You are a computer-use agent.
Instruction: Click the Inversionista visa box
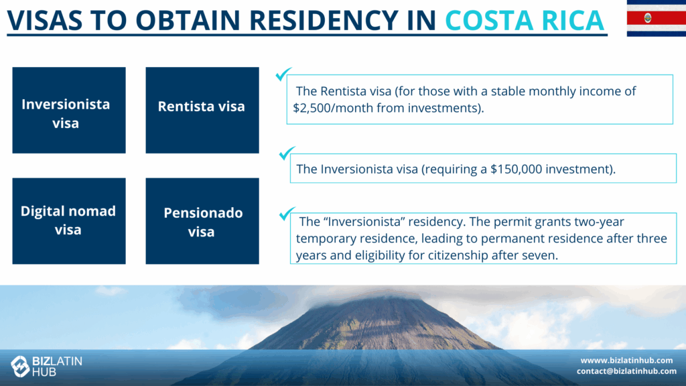[69, 111]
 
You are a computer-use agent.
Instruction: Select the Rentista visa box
[202, 111]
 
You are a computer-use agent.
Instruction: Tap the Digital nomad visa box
[69, 221]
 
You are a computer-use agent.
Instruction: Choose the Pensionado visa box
[202, 221]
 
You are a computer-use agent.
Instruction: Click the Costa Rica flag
[657, 18]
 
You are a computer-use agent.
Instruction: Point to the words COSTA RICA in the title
[525, 20]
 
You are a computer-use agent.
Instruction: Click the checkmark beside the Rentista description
[283, 74]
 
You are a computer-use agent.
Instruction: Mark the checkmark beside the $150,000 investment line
[287, 153]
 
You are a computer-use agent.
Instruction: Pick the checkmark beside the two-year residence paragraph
[287, 214]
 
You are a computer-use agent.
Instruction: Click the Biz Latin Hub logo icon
[20, 366]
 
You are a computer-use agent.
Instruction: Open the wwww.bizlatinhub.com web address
[626, 360]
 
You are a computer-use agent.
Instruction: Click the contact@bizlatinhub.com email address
[626, 371]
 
